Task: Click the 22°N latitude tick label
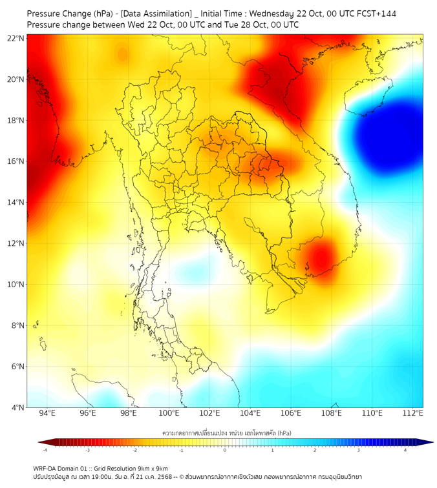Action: coord(16,38)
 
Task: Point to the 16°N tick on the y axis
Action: coord(16,161)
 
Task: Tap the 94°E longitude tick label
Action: coord(47,413)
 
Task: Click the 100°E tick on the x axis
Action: coord(169,413)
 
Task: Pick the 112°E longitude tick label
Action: coord(413,413)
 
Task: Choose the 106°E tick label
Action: coord(291,413)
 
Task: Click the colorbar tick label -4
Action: coord(45,450)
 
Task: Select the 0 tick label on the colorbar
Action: coord(225,450)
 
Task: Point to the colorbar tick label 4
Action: coord(405,450)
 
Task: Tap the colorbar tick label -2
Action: coord(134,450)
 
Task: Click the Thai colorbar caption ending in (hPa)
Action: coord(226,431)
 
